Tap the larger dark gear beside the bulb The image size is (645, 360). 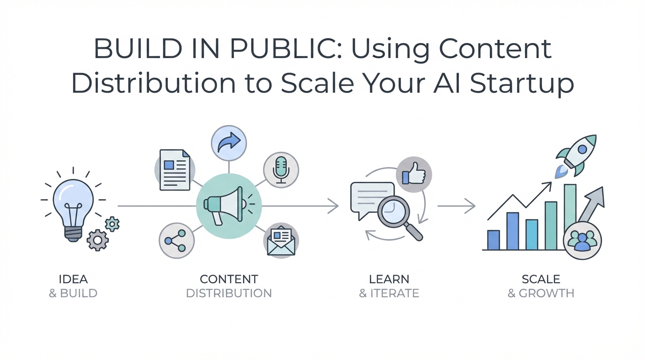point(97,240)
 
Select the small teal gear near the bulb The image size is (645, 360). point(112,224)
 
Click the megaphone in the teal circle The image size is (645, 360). point(225,206)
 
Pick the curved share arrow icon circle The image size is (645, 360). point(229,143)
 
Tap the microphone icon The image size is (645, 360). point(281,170)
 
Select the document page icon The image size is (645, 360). point(175,170)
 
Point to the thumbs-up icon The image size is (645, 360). point(414,173)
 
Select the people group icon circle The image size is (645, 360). point(582,240)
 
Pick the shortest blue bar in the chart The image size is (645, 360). point(494,240)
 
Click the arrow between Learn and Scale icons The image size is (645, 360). point(457,206)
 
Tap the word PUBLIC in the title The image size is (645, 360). point(286,49)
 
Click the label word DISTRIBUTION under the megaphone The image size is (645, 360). point(229,293)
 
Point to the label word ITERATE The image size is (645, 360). point(395,293)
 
